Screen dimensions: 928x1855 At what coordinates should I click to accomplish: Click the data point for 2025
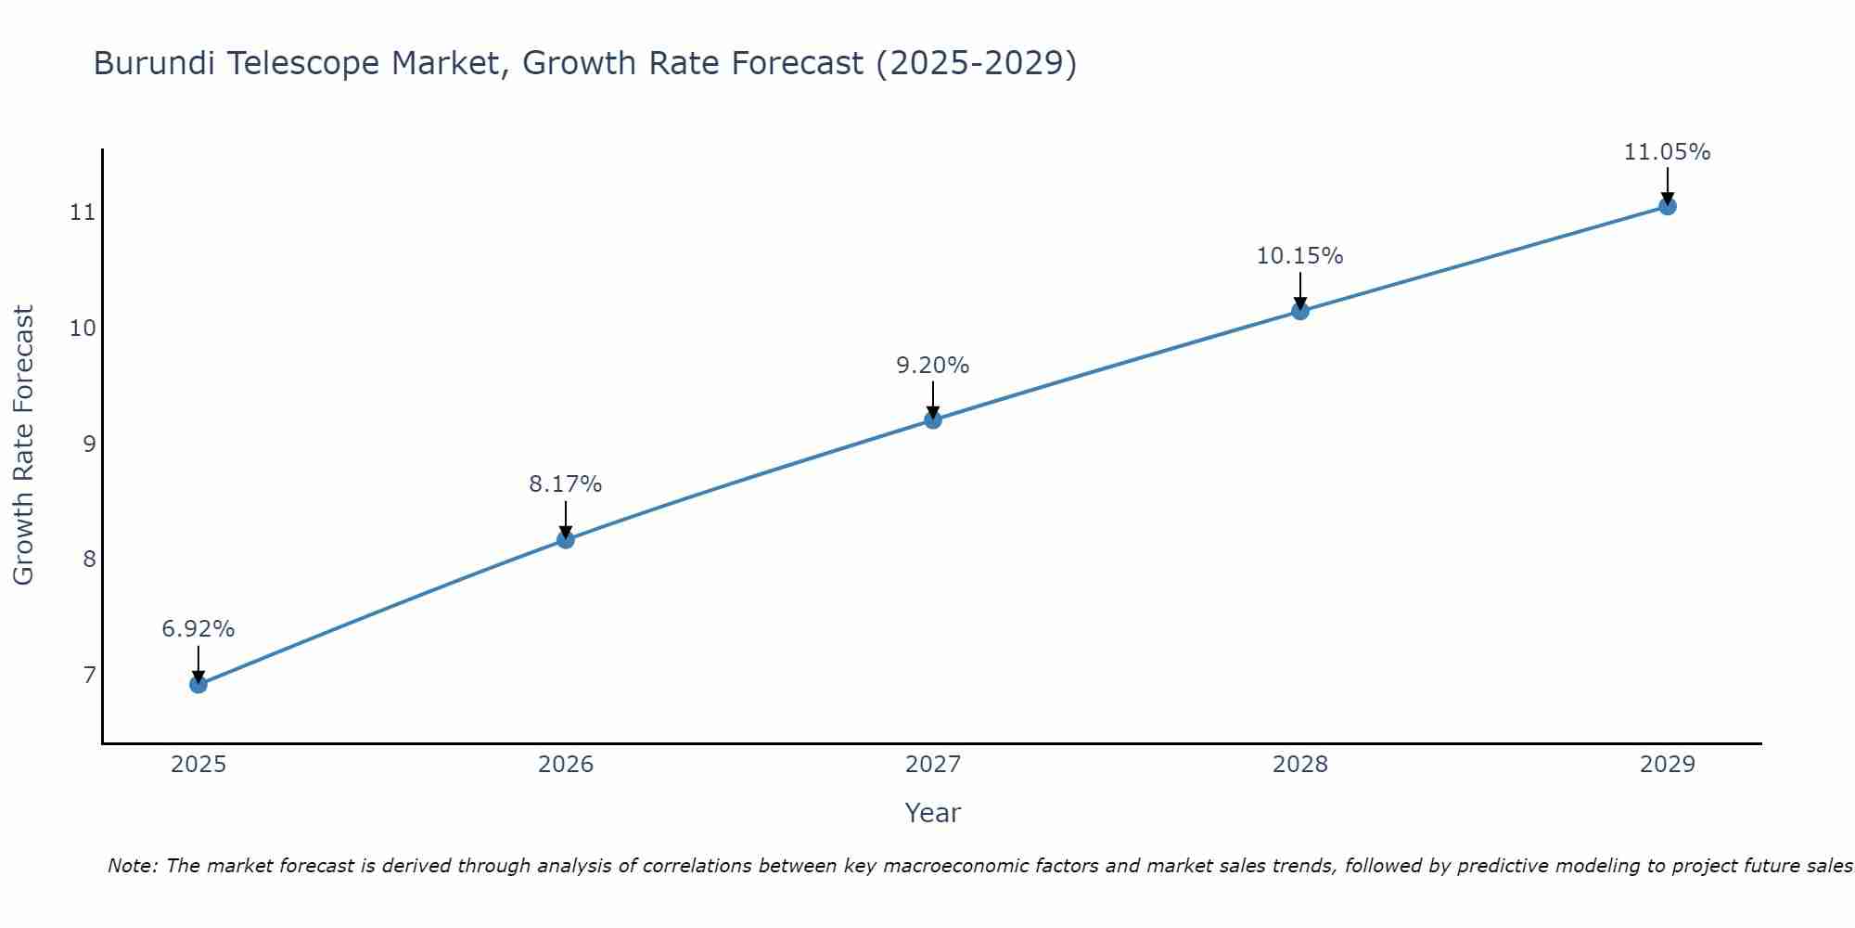(x=198, y=685)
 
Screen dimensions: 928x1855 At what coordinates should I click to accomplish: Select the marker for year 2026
(x=566, y=539)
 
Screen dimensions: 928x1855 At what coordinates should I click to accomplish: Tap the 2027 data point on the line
(x=933, y=420)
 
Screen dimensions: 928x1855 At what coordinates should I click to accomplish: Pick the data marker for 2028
(x=1300, y=311)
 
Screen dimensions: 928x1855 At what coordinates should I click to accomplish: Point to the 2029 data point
(x=1668, y=206)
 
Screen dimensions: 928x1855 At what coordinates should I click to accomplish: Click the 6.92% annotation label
(x=198, y=629)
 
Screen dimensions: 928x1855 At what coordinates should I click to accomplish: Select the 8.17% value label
(x=566, y=484)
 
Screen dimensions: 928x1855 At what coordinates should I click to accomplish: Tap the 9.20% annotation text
(x=933, y=366)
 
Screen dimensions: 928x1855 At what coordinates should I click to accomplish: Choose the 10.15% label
(x=1300, y=256)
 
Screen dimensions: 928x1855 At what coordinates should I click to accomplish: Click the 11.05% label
(x=1668, y=152)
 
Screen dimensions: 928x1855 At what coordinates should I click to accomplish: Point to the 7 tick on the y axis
(x=89, y=675)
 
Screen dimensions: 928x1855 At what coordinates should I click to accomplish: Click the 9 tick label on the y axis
(x=89, y=444)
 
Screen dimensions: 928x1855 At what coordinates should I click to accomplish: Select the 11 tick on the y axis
(x=83, y=213)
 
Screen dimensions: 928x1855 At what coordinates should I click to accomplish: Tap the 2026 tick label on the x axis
(x=566, y=765)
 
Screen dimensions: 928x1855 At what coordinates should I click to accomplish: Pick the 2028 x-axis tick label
(x=1300, y=765)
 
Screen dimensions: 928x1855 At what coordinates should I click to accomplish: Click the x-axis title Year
(x=933, y=813)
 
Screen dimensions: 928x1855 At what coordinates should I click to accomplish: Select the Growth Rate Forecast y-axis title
(x=24, y=445)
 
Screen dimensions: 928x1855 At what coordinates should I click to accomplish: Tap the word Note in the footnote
(x=132, y=866)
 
